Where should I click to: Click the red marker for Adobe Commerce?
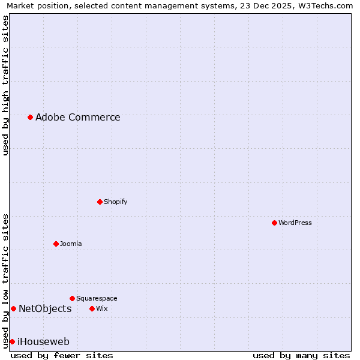pyautogui.click(x=30, y=117)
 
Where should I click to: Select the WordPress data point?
pyautogui.click(x=274, y=223)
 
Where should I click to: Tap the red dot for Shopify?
pyautogui.click(x=100, y=202)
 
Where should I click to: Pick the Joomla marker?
pyautogui.click(x=56, y=244)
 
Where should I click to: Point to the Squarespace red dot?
pyautogui.click(x=72, y=298)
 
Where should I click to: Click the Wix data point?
pyautogui.click(x=92, y=308)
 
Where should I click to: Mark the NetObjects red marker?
pyautogui.click(x=13, y=308)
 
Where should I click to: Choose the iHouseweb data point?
pyautogui.click(x=12, y=341)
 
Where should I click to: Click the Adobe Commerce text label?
pyautogui.click(x=77, y=117)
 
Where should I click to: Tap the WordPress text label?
pyautogui.click(x=295, y=223)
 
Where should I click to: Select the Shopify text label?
pyautogui.click(x=115, y=202)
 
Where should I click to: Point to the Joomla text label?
pyautogui.click(x=71, y=244)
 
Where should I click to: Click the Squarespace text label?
pyautogui.click(x=97, y=298)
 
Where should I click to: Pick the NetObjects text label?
pyautogui.click(x=45, y=308)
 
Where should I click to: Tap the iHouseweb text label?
pyautogui.click(x=43, y=341)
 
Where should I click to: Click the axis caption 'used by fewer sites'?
pyautogui.click(x=62, y=355)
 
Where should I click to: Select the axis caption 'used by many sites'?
pyautogui.click(x=301, y=355)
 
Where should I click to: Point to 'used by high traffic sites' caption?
pyautogui.click(x=5, y=85)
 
